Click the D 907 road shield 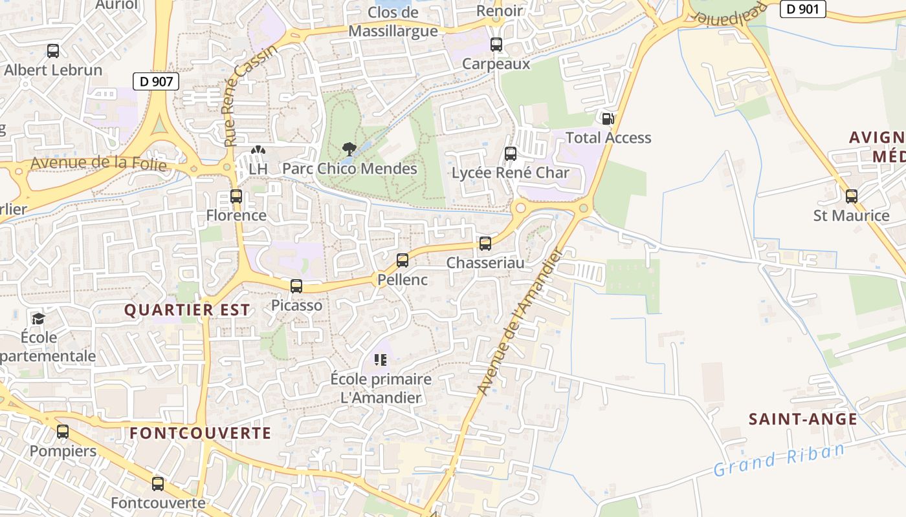155,81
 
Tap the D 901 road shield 803,9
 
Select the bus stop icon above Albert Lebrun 53,50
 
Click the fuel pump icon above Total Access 608,118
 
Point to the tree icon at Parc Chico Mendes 349,149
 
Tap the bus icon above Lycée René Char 511,154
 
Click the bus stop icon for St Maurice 852,196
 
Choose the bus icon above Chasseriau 485,244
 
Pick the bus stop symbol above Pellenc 403,260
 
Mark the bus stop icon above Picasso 296,286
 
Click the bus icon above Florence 236,196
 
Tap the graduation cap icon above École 38,319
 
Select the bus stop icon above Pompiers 63,431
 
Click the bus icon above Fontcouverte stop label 158,483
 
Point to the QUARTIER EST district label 187,310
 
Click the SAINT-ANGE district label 803,419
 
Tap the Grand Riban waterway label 779,459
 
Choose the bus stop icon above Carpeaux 496,45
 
